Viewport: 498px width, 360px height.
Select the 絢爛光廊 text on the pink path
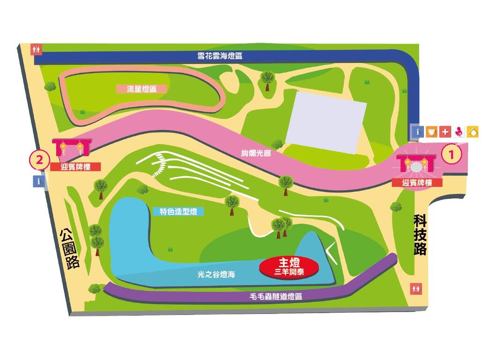pyautogui.click(x=253, y=152)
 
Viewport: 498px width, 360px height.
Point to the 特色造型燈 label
pyautogui.click(x=175, y=212)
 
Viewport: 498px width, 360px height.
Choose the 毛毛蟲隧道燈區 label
pyautogui.click(x=275, y=297)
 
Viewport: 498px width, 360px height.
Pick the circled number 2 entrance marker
pyautogui.click(x=40, y=159)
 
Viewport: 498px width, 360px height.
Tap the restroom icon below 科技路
pyautogui.click(x=416, y=289)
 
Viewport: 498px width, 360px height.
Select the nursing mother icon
pyautogui.click(x=460, y=132)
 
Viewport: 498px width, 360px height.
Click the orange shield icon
pyautogui.click(x=432, y=132)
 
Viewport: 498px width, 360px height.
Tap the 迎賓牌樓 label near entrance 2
pyautogui.click(x=75, y=167)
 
